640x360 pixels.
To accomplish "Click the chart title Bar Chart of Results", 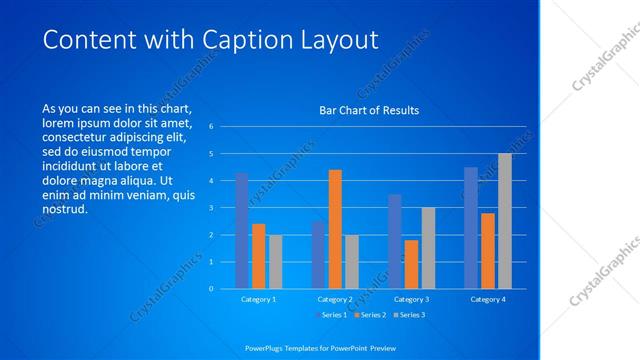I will (368, 110).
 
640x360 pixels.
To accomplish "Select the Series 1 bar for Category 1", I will (241, 231).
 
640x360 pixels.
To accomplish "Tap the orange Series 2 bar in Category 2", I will (335, 229).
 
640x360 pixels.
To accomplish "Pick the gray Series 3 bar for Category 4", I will (505, 221).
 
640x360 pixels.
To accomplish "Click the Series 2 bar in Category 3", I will (411, 264).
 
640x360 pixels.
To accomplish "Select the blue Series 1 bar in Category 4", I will (470, 228).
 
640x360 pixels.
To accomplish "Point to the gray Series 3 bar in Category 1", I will (275, 262).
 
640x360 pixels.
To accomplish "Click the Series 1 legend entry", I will (334, 316).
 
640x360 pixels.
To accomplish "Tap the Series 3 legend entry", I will (410, 316).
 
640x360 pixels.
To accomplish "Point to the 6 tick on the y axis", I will (211, 127).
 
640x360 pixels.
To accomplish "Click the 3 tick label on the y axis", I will (211, 208).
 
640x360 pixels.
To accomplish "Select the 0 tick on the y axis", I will (211, 289).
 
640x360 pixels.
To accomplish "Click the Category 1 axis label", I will (258, 299).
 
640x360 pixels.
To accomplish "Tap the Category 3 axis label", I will (411, 299).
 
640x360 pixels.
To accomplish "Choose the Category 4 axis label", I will (488, 299).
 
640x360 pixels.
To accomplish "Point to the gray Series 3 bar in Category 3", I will (428, 248).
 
